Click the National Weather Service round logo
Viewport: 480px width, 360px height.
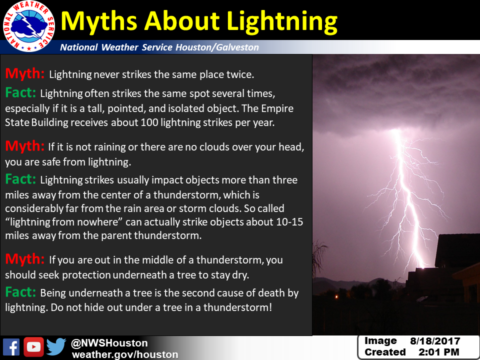pos(29,26)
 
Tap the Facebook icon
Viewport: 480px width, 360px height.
pos(11,347)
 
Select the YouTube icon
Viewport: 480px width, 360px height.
pos(33,347)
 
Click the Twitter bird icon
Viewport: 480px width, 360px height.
pos(56,347)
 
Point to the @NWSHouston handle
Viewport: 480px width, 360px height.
pos(109,343)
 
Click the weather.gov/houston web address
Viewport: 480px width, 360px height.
pos(125,354)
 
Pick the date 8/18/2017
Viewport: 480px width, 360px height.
pos(435,341)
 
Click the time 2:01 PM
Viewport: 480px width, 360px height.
pos(438,352)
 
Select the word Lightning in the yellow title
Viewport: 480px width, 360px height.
pos(282,21)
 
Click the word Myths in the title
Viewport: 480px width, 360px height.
pos(99,21)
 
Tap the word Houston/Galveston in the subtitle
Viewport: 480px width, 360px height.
pos(217,47)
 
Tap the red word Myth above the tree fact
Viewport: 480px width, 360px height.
pos(25,259)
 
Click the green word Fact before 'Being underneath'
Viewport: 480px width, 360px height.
pos(20,292)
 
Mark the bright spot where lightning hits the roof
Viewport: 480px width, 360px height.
pos(423,266)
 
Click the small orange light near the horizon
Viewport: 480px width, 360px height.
pos(336,296)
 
